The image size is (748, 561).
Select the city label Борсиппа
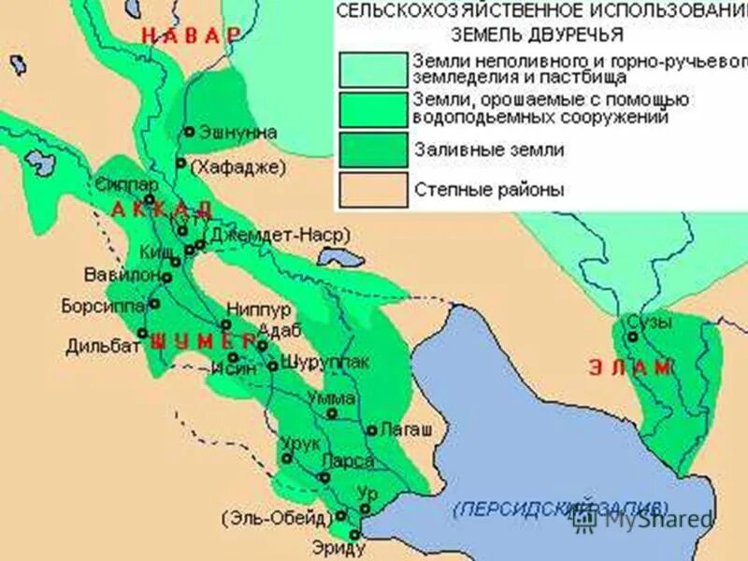click(102, 305)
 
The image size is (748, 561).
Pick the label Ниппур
click(258, 309)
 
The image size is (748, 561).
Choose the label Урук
click(300, 444)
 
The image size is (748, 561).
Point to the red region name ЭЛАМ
click(630, 367)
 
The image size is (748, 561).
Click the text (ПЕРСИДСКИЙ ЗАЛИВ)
click(561, 508)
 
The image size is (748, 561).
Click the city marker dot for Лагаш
click(371, 431)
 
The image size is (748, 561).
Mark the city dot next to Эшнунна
click(189, 133)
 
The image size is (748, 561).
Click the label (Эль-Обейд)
click(276, 517)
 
